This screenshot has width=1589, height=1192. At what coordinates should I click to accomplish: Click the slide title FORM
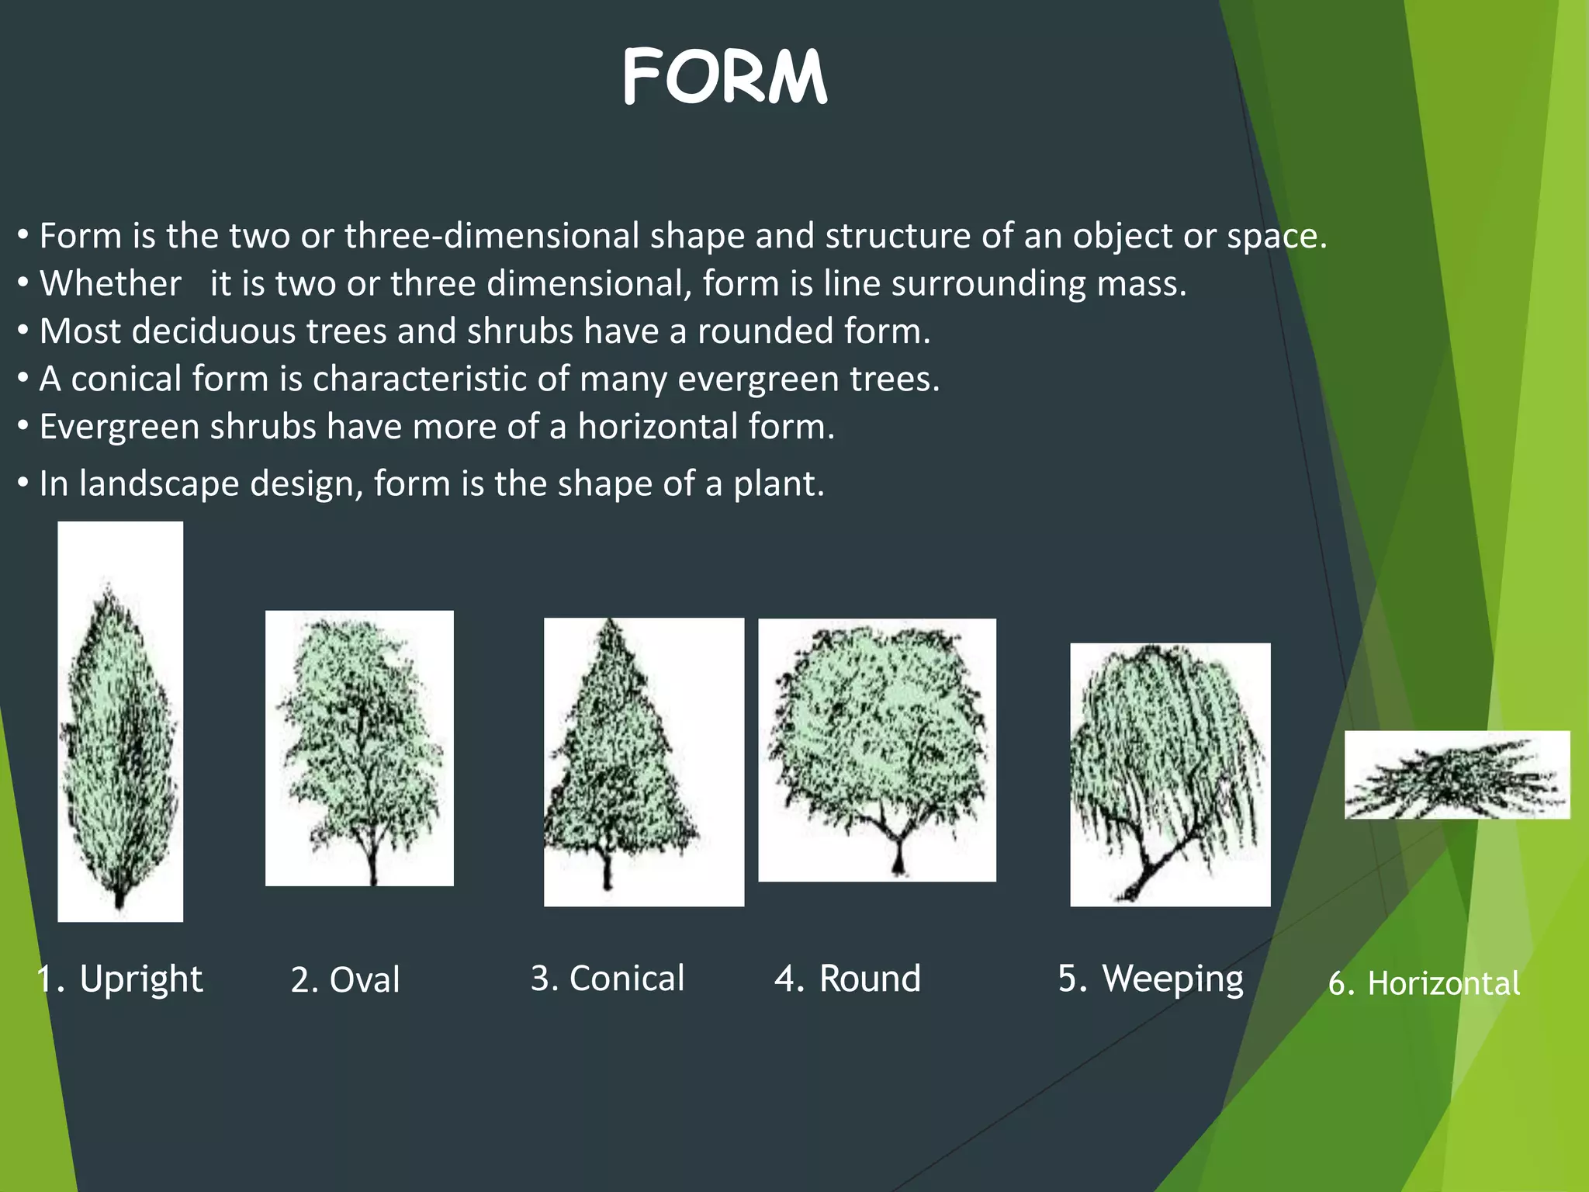tap(725, 77)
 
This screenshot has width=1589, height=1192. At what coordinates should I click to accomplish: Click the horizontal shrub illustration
tap(1456, 774)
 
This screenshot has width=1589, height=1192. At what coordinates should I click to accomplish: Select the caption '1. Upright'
tap(119, 979)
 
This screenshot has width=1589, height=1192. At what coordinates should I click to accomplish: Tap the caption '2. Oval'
tap(345, 980)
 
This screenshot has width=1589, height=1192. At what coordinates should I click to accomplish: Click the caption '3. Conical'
tap(608, 979)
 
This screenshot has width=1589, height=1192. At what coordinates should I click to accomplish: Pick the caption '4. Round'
tap(847, 979)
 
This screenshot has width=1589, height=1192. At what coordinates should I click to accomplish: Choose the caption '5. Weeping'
tap(1151, 979)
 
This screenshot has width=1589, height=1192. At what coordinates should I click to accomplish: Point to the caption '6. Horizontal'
tap(1424, 984)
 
